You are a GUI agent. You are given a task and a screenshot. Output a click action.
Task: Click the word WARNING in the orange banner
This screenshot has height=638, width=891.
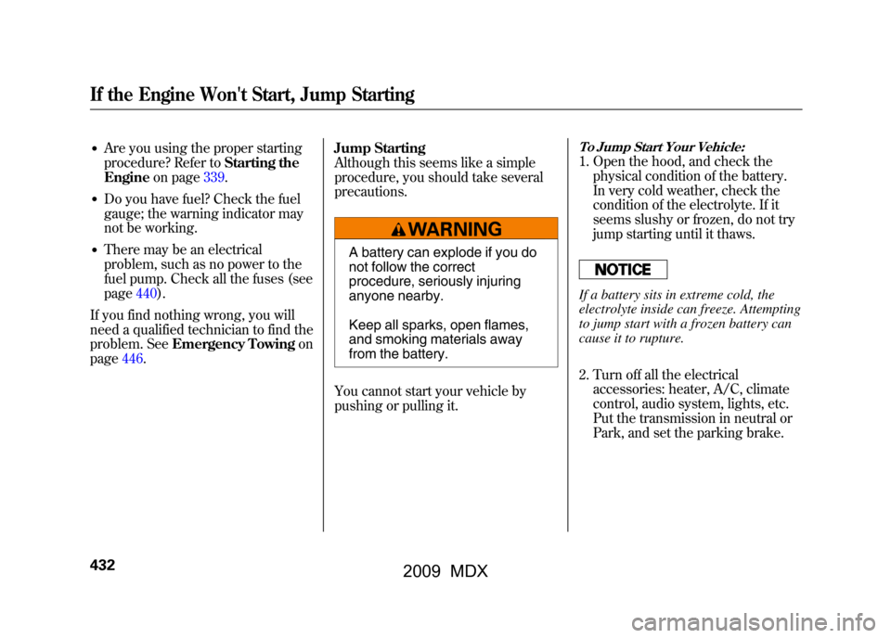pos(455,229)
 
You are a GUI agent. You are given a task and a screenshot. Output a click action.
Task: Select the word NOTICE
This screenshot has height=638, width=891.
pos(623,270)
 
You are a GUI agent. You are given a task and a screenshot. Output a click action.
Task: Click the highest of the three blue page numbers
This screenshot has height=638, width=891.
pos(214,177)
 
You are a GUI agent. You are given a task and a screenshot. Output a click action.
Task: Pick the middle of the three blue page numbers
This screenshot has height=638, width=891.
pos(147,293)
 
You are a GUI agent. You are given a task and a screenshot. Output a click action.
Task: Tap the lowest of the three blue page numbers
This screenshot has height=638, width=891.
pos(133,360)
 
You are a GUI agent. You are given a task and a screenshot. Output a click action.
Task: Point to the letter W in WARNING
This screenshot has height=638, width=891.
pos(416,229)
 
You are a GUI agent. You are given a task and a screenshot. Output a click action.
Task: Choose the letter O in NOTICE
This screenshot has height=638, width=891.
pos(613,270)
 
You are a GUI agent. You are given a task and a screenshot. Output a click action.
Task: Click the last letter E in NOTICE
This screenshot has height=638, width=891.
pos(646,270)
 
